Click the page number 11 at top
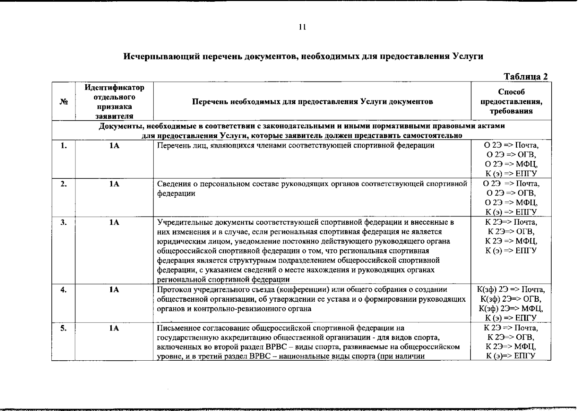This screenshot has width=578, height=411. click(302, 27)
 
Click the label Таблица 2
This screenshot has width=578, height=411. click(526, 77)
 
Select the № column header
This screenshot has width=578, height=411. click(63, 102)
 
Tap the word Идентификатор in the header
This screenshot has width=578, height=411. click(114, 88)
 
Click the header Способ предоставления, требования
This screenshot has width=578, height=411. click(511, 101)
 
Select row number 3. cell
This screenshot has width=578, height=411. click(63, 223)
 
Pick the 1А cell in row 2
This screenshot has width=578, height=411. click(114, 184)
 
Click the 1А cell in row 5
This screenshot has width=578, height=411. click(114, 328)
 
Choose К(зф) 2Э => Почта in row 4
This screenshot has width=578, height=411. click(511, 289)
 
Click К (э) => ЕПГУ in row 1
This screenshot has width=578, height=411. click(511, 173)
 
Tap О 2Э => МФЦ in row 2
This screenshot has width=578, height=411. click(511, 202)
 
